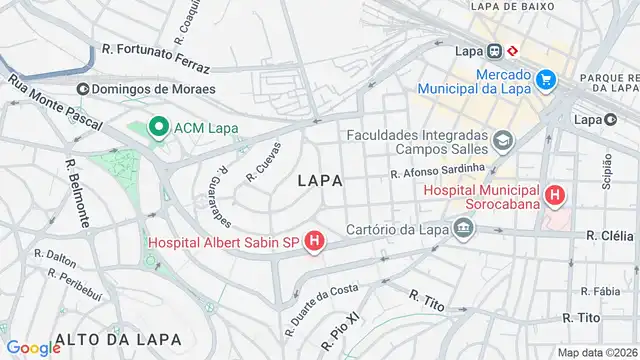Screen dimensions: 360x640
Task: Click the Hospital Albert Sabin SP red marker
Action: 315,241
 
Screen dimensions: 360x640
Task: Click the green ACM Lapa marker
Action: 157,127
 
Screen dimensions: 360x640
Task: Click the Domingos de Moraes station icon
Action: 82,89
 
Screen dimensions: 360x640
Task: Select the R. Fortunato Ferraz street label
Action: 155,57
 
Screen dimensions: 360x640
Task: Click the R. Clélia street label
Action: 609,237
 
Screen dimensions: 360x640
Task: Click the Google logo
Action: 33,347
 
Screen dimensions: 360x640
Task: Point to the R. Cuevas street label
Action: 263,163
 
